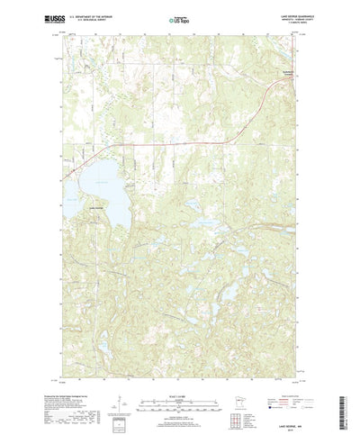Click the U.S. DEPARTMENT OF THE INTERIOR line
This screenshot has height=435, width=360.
pos(99,14)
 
